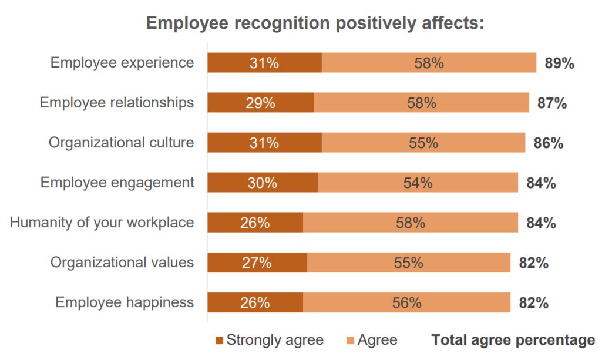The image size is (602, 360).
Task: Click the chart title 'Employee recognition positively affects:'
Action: point(315,23)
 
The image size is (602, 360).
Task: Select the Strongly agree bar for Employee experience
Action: point(264,63)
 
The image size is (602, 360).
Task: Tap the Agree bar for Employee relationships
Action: point(422,103)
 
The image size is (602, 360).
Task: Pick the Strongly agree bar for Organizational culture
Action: point(264,143)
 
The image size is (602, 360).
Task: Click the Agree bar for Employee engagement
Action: point(418,183)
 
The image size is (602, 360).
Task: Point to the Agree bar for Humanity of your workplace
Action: point(411,223)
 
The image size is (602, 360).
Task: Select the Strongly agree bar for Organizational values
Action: point(257,263)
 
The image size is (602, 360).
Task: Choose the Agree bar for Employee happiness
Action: point(406,303)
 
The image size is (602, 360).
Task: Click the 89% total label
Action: point(559,63)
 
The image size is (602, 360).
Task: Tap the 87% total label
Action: point(552,103)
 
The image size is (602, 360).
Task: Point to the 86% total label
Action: point(549,143)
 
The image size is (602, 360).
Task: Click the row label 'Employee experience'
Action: point(122,63)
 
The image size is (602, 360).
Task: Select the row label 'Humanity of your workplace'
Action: point(102,223)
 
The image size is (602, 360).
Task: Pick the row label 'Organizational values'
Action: point(122,263)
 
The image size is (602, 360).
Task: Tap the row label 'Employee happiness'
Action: point(125,302)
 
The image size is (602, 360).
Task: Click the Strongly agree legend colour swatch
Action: point(220,341)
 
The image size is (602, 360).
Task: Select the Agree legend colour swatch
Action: point(351,341)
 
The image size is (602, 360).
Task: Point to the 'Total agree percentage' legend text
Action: point(513,340)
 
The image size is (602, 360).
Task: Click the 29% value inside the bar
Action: point(261,103)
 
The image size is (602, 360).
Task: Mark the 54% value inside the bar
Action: point(418,183)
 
